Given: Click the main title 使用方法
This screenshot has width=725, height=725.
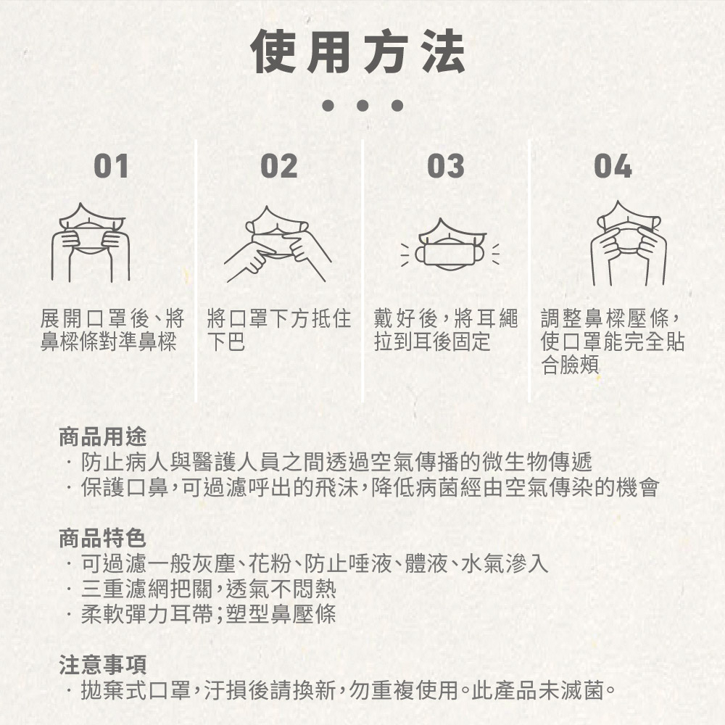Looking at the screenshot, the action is pyautogui.click(x=357, y=51).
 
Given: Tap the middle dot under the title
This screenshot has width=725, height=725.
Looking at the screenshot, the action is pyautogui.click(x=362, y=105).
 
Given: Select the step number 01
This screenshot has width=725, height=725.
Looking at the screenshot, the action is pyautogui.click(x=111, y=166).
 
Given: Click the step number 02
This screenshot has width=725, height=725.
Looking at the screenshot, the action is pyautogui.click(x=279, y=166).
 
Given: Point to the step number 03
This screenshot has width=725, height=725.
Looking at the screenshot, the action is pyautogui.click(x=446, y=166).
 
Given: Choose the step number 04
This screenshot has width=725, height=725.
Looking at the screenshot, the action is pyautogui.click(x=613, y=166).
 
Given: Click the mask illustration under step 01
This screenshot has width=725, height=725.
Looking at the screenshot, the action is pyautogui.click(x=91, y=242).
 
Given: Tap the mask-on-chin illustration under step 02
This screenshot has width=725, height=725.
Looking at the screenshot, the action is pyautogui.click(x=278, y=244).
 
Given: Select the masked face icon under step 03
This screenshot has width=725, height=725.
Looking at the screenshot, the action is pyautogui.click(x=450, y=245).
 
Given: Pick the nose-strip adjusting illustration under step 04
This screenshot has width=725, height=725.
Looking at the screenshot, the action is pyautogui.click(x=629, y=243).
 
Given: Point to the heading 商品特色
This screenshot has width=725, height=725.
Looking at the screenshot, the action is pyautogui.click(x=103, y=538).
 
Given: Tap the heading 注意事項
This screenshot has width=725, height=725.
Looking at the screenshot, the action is pyautogui.click(x=103, y=665).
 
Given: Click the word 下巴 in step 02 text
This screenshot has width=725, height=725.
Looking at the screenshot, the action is pyautogui.click(x=226, y=341).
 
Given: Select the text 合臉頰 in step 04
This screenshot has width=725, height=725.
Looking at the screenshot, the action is pyautogui.click(x=570, y=365).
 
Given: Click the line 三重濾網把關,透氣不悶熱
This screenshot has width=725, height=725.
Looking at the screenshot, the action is pyautogui.click(x=209, y=589).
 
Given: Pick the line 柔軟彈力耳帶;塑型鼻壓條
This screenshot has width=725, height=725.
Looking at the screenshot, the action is pyautogui.click(x=209, y=614).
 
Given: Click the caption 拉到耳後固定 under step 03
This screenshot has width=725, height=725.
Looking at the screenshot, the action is pyautogui.click(x=432, y=341).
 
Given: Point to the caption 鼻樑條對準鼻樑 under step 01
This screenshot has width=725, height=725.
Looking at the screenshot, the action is pyautogui.click(x=109, y=341).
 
